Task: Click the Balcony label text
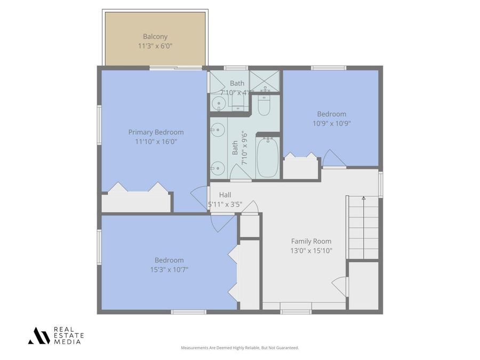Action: click(155, 37)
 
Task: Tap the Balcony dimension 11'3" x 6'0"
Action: click(155, 46)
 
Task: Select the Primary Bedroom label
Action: click(156, 132)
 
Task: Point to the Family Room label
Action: click(311, 241)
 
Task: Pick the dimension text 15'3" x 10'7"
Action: click(169, 269)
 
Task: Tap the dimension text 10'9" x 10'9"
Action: click(331, 123)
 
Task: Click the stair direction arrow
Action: click(364, 199)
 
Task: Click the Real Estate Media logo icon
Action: click(39, 335)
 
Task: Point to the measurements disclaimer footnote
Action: click(240, 348)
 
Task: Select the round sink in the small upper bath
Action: click(218, 105)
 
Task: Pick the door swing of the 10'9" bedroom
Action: click(333, 158)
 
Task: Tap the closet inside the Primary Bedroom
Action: click(137, 202)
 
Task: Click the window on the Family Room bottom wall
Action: click(296, 311)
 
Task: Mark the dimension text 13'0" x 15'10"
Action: click(311, 251)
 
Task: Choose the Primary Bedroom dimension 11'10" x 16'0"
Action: click(156, 142)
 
